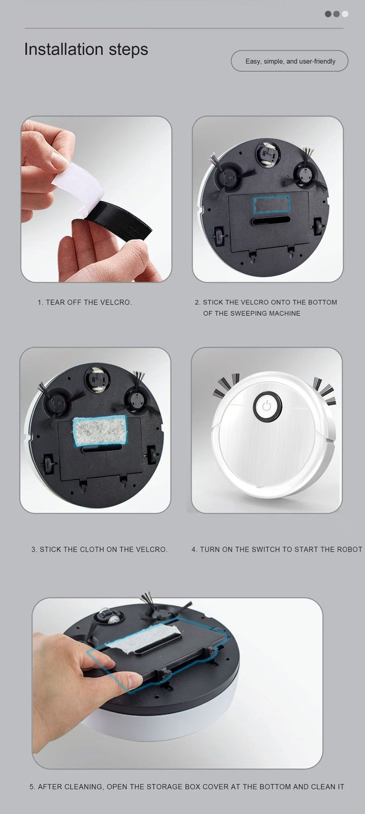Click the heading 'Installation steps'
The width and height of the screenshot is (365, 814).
pos(86,49)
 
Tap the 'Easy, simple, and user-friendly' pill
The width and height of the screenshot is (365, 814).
pos(290,61)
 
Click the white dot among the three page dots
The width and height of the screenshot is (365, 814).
pos(345,14)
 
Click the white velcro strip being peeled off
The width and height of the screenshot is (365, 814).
pos(78,187)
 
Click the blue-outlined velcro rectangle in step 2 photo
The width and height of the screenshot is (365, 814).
pos(271,204)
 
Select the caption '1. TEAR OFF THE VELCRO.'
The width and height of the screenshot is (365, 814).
pos(84,302)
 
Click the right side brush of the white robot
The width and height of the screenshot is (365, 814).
pos(324,391)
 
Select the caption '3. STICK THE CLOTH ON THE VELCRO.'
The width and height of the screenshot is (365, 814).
pos(99,549)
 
